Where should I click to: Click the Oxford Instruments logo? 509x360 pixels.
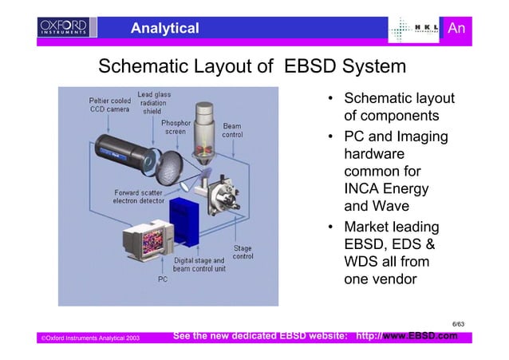pyautogui.click(x=61, y=29)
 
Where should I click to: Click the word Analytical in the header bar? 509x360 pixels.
pyautogui.click(x=164, y=29)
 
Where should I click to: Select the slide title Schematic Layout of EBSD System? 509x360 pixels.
pyautogui.click(x=252, y=65)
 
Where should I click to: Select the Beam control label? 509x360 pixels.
pyautogui.click(x=232, y=131)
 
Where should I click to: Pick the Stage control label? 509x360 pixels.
pyautogui.click(x=243, y=253)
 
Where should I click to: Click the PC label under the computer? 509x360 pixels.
pyautogui.click(x=163, y=280)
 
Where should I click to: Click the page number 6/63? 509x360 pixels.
pyautogui.click(x=458, y=323)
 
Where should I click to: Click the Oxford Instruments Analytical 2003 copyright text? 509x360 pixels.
pyautogui.click(x=90, y=339)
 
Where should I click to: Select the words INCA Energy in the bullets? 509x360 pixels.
pyautogui.click(x=385, y=189)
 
